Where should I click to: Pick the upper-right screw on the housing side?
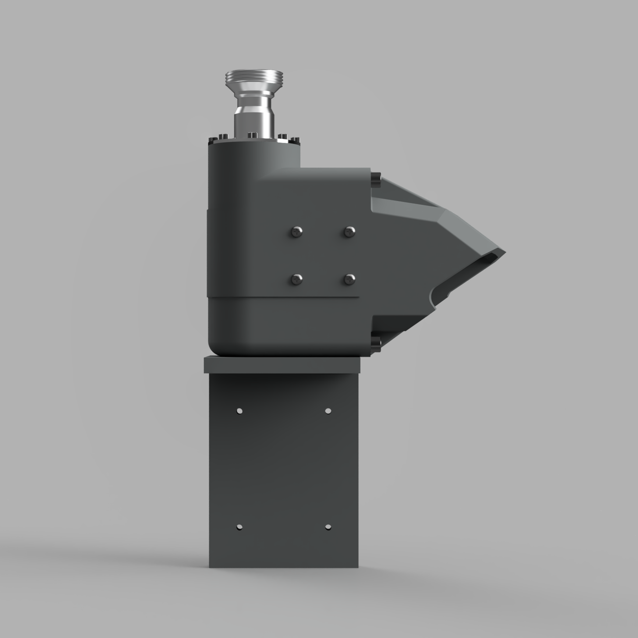tap(350, 231)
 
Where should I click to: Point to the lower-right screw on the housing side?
tap(350, 279)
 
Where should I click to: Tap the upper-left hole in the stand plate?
tap(239, 410)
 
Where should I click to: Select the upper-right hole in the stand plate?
tap(328, 410)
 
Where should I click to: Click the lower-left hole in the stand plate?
tap(239, 527)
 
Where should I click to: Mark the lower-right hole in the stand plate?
tap(328, 527)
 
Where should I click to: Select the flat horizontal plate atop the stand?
tap(282, 365)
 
